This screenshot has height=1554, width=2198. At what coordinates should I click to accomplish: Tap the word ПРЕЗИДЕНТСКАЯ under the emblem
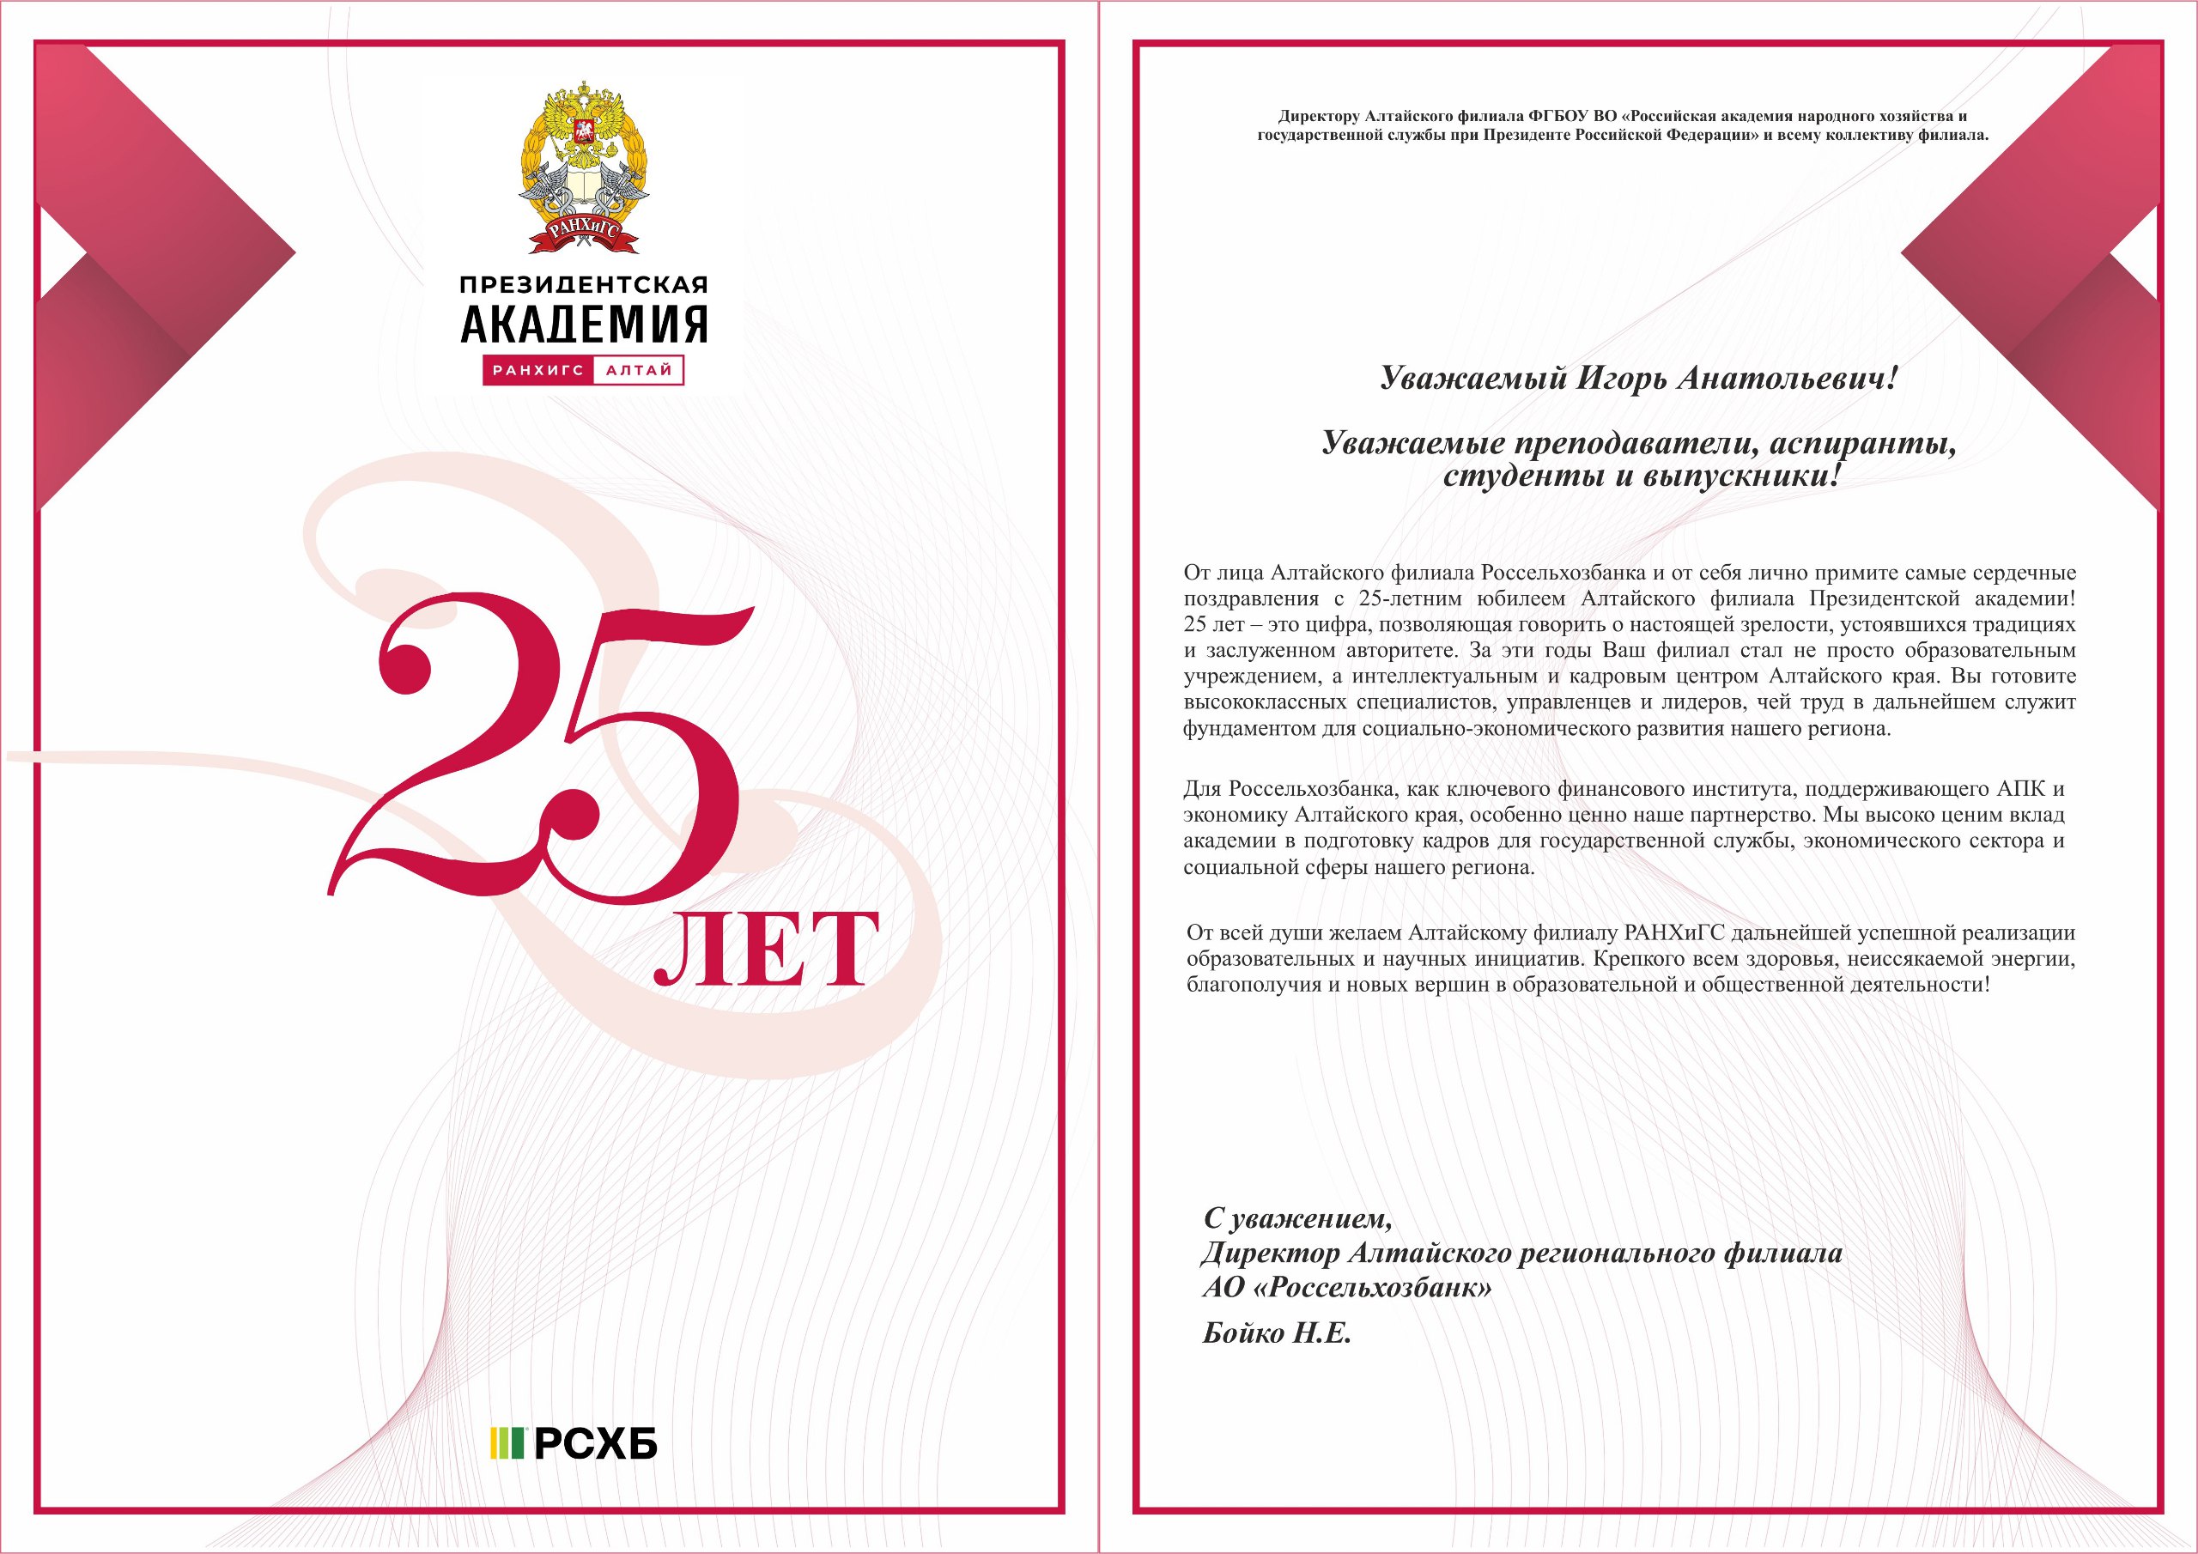pyautogui.click(x=583, y=285)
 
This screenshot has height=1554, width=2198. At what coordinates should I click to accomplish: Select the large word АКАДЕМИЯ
pyautogui.click(x=583, y=325)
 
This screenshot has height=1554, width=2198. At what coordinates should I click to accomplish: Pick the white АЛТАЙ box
pyautogui.click(x=639, y=371)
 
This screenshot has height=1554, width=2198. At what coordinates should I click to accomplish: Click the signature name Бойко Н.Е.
pyautogui.click(x=1276, y=1333)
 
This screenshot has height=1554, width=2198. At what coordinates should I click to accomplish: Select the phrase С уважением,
pyautogui.click(x=1297, y=1219)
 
